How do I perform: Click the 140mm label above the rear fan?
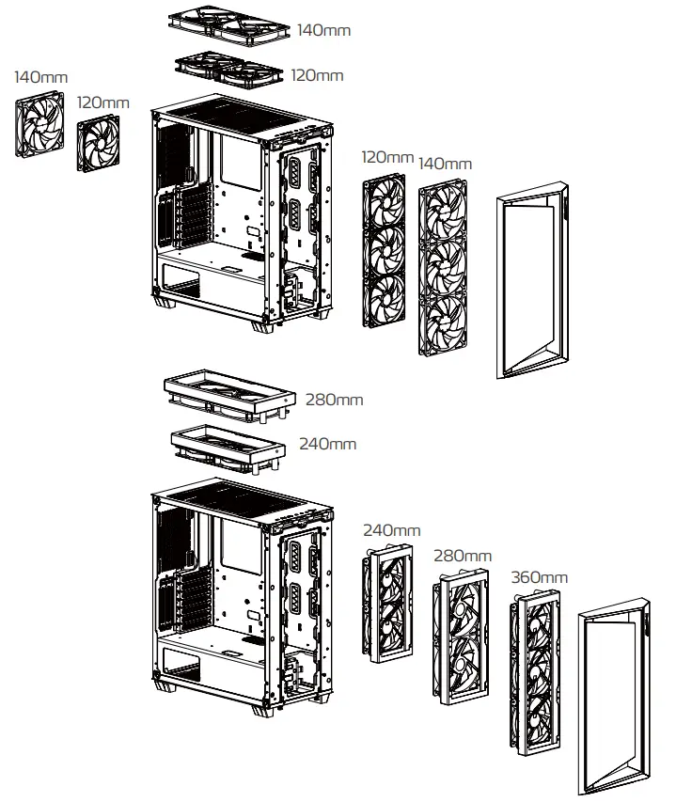[41, 76]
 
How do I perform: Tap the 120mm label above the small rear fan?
[102, 102]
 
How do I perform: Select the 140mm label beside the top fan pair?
[323, 30]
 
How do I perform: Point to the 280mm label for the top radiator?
[334, 400]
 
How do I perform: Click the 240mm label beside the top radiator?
[327, 443]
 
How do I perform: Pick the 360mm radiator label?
[538, 576]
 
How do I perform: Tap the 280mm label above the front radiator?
[462, 557]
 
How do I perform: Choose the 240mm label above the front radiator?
[391, 531]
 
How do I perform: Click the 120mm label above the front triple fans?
[387, 157]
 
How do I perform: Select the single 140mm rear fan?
[39, 126]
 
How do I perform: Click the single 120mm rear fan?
[99, 145]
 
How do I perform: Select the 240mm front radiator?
[389, 605]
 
